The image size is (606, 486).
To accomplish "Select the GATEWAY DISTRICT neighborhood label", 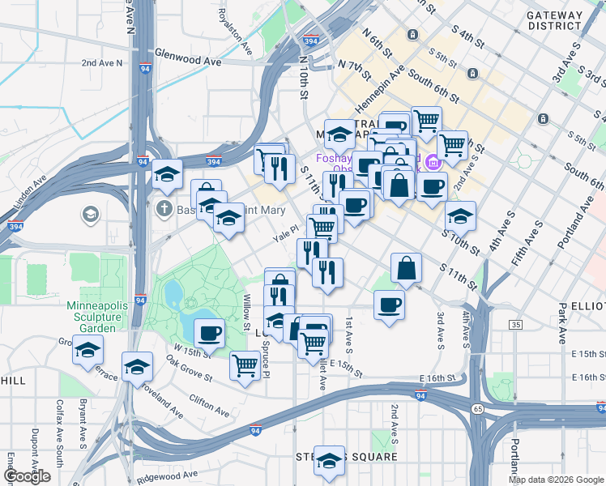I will [x=554, y=20].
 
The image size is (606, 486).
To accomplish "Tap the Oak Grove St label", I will [x=189, y=367].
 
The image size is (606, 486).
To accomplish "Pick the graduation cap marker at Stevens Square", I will [x=329, y=460].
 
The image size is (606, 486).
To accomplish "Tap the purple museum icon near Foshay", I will [x=433, y=162].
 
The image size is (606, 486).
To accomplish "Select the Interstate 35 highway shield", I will [x=516, y=325].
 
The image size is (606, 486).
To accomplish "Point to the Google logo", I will [x=27, y=477].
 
